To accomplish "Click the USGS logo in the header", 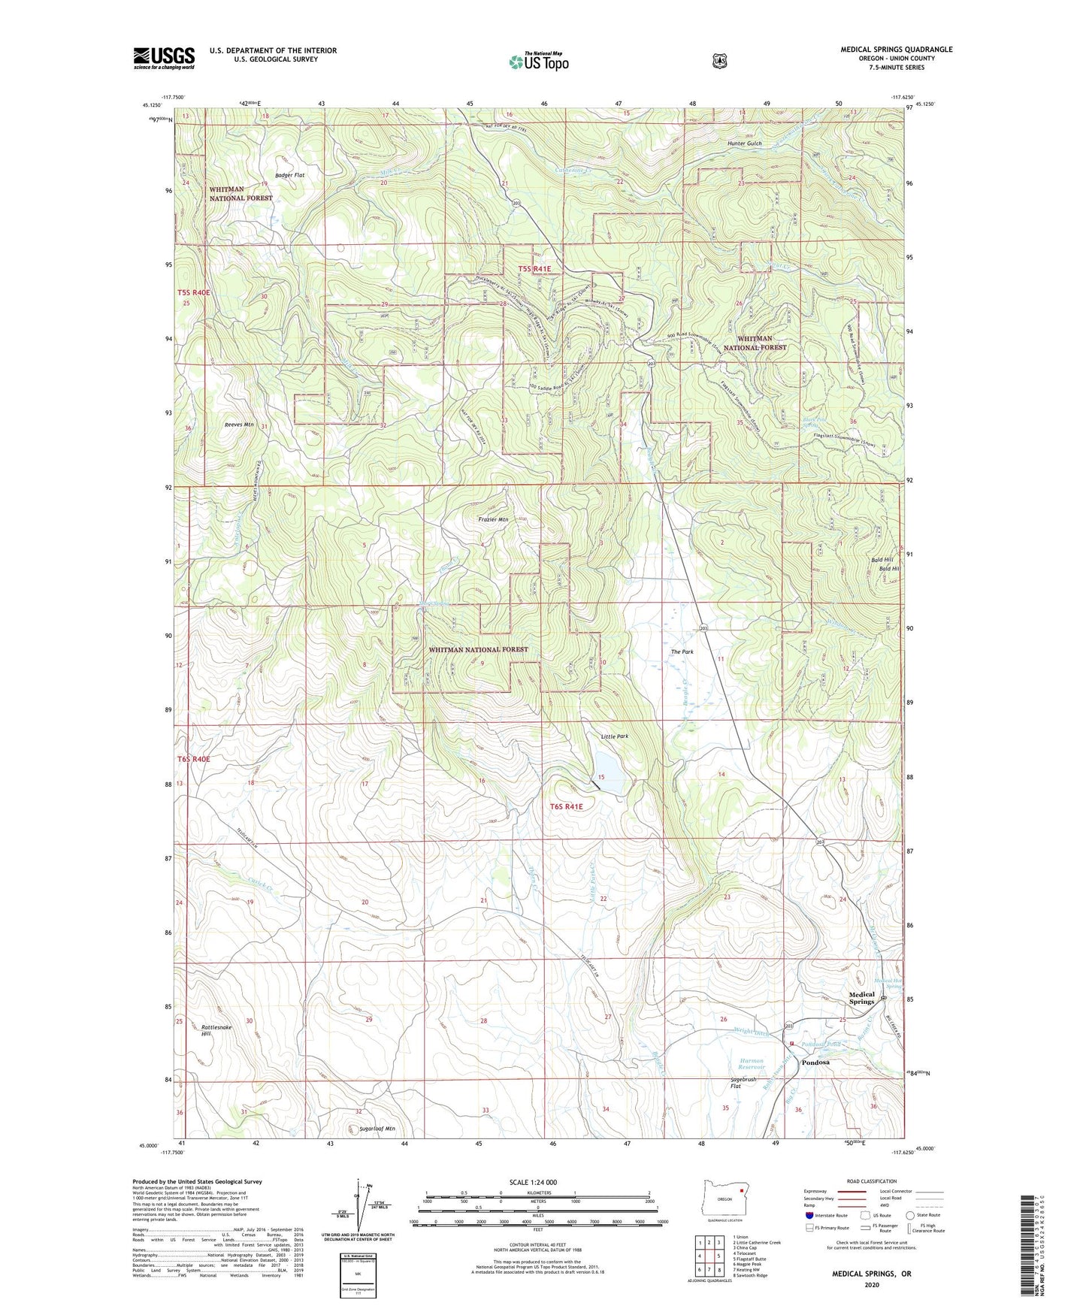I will (x=164, y=58).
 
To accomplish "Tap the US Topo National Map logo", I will (x=537, y=62).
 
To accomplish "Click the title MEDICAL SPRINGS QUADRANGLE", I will (x=896, y=50).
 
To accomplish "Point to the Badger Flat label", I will (x=289, y=175).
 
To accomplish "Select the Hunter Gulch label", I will (x=744, y=144).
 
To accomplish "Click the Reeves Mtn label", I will (x=239, y=425).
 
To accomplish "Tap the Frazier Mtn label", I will (x=493, y=519).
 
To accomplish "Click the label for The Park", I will (x=682, y=652).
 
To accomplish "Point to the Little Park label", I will (x=614, y=737).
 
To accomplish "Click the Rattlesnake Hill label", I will (x=217, y=1030).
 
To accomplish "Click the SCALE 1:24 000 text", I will (x=533, y=1183).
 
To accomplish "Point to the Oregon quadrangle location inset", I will (x=725, y=1199).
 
